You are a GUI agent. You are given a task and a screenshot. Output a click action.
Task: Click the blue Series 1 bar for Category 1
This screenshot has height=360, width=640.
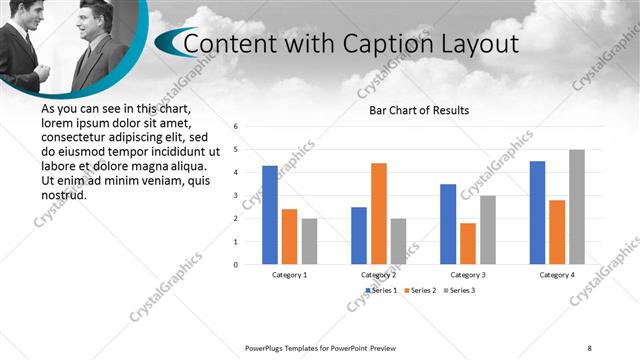(270, 215)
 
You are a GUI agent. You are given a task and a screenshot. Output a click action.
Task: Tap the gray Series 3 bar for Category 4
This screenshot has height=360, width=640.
(576, 207)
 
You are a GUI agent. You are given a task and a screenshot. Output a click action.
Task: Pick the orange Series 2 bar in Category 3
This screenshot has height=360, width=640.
(467, 243)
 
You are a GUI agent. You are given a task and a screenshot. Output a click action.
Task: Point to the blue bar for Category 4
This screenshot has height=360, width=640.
(537, 212)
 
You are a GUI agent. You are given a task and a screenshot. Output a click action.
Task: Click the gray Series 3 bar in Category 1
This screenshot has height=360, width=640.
(309, 241)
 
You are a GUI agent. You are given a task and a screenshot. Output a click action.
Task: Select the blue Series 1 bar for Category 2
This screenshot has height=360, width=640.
(359, 235)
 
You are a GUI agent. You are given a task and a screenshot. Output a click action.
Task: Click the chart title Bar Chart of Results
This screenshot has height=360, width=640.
(418, 110)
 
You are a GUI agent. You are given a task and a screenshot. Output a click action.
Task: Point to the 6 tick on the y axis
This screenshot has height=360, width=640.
(236, 127)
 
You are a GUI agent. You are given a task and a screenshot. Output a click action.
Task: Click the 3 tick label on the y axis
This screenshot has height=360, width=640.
(236, 196)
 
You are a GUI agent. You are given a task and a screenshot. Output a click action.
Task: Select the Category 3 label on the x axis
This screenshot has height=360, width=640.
(467, 274)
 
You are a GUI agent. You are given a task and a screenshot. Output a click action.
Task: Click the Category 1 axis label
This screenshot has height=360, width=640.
(290, 274)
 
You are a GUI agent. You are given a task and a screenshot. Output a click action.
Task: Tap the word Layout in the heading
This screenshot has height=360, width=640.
(479, 45)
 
